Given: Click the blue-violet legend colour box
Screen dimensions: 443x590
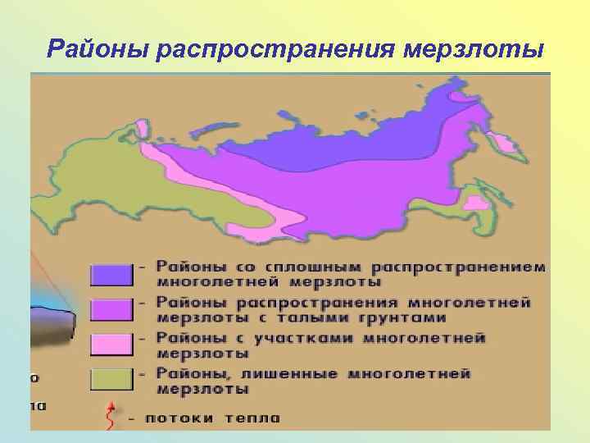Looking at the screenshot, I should pos(111,274).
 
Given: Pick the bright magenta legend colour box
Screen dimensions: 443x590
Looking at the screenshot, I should pos(111,309).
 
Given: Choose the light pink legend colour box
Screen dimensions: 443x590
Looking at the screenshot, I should pos(111,345).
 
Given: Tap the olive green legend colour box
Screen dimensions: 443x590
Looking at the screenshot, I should pos(111,381).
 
